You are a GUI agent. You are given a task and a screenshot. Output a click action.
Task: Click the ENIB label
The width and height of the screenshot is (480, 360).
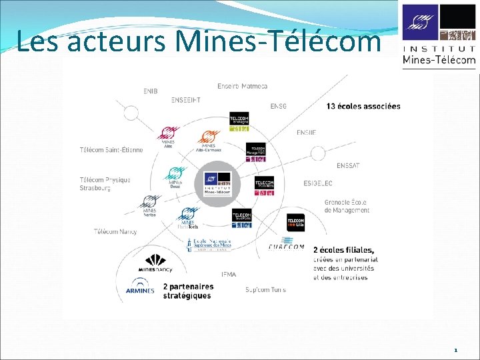(150, 91)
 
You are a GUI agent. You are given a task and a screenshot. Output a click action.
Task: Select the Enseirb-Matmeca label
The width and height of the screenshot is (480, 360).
(242, 85)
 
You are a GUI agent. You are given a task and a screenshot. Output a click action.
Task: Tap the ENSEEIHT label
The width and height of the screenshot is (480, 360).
(185, 100)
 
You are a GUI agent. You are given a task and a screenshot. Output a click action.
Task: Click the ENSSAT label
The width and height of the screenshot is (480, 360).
(348, 165)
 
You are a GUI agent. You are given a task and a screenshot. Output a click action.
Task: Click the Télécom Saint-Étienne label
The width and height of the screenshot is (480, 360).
(111, 150)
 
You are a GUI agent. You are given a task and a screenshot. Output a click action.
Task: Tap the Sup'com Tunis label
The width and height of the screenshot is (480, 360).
(265, 289)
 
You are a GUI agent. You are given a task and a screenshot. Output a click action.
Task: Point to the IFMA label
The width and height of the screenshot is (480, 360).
(229, 274)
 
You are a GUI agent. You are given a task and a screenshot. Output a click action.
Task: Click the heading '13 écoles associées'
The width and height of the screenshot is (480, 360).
(363, 106)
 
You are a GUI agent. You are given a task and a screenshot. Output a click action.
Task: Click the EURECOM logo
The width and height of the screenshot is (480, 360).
(286, 247)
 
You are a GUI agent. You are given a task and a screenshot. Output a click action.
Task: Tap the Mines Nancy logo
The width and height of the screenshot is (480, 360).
(155, 263)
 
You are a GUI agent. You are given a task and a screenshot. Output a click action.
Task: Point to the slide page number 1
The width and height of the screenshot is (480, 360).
(455, 349)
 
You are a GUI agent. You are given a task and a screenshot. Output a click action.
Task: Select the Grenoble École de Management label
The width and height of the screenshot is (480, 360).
(347, 206)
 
